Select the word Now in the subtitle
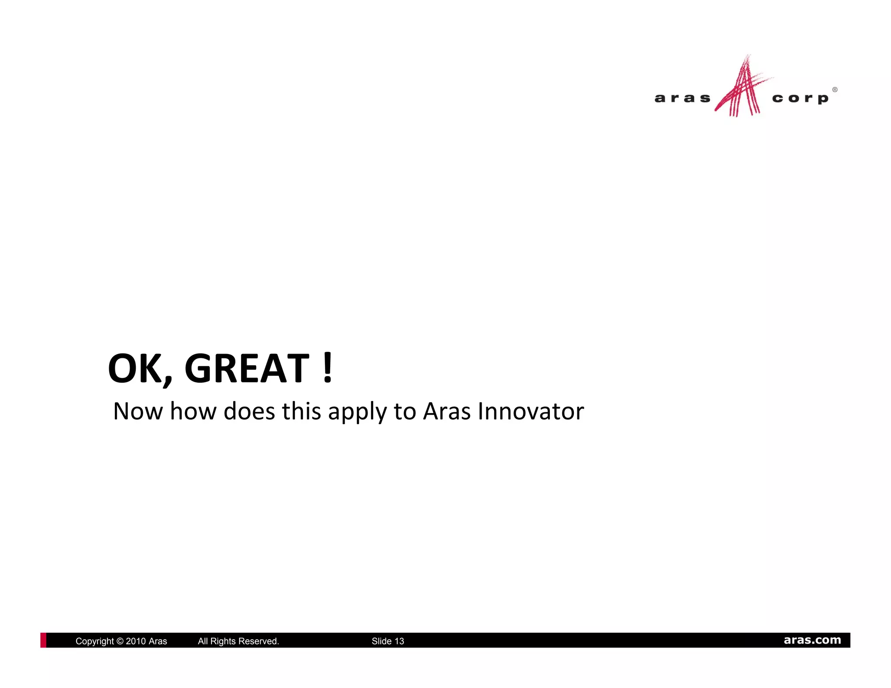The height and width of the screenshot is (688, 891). coord(138,411)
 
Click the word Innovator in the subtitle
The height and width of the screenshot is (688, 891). coord(531,411)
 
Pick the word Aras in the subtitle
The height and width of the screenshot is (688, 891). coord(447,411)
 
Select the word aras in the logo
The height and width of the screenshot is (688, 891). coord(682,98)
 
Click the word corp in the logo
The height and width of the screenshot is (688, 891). coord(800,99)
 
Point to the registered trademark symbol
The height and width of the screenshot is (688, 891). coord(834,90)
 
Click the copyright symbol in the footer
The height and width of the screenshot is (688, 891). coord(120,641)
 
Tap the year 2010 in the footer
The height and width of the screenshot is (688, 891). coord(136,641)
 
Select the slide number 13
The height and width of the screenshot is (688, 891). coord(399,641)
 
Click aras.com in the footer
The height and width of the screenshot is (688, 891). coord(812,640)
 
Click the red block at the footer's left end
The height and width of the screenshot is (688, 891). coord(43,640)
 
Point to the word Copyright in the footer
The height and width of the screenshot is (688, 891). coord(94,641)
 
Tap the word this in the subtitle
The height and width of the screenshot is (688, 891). coord(301,411)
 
